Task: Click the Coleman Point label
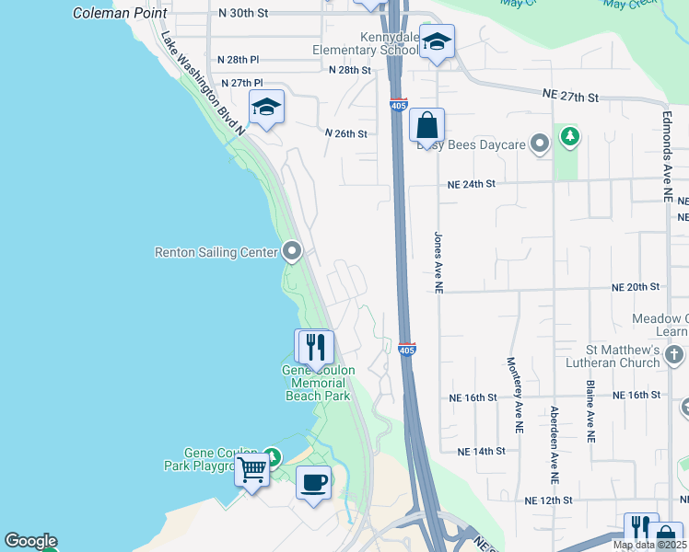click(120, 14)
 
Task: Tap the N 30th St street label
click(243, 14)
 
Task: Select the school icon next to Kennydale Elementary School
click(437, 41)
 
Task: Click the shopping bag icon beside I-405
click(426, 124)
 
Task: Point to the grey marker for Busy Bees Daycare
click(541, 144)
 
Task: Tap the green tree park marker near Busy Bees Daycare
click(571, 138)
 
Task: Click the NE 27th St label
click(571, 97)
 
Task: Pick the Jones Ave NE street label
click(438, 262)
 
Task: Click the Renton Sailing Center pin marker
click(293, 251)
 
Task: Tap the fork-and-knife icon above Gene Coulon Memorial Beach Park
click(314, 347)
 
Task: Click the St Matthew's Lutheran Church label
click(624, 357)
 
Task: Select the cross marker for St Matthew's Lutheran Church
click(675, 353)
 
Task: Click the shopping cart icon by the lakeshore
click(251, 470)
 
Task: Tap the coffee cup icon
click(313, 482)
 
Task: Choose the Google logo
click(30, 541)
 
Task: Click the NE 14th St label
click(482, 451)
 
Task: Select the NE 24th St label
click(471, 184)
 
